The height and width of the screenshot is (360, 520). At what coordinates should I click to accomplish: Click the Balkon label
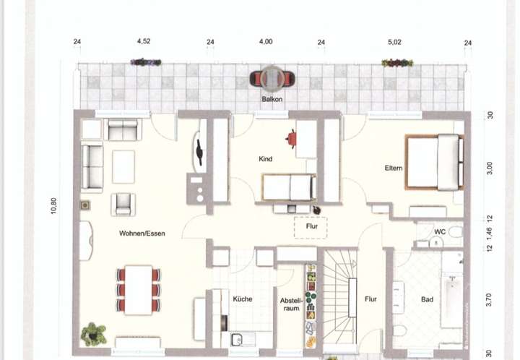tap(272, 99)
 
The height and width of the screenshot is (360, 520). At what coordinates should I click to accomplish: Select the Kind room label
tap(266, 159)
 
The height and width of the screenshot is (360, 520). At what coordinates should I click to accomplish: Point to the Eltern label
tap(393, 168)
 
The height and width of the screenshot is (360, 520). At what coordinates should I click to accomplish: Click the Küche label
tap(242, 299)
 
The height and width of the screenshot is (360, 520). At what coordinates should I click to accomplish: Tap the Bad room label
tap(428, 299)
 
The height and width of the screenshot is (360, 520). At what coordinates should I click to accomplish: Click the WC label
tap(439, 232)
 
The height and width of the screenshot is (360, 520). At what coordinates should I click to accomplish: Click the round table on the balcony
tap(272, 78)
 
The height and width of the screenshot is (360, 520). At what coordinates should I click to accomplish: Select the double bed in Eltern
tap(433, 162)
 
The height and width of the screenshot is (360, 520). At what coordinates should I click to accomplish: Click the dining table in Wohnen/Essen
tap(138, 289)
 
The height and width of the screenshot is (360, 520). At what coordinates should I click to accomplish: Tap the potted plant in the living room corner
tap(94, 334)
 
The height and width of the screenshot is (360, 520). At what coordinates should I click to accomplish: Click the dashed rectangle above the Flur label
tap(311, 228)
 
